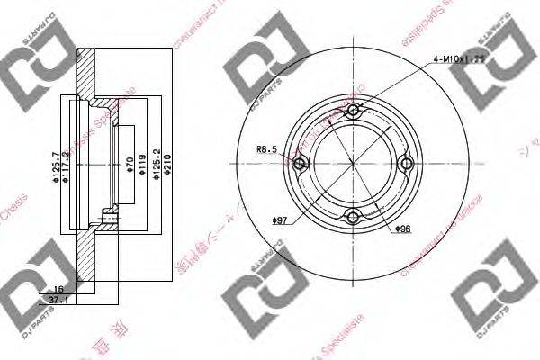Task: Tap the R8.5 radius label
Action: tap(267, 150)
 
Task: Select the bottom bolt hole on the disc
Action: tap(353, 215)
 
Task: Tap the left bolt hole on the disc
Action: tap(301, 163)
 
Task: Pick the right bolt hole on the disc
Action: tap(405, 163)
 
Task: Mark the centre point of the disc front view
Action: tap(353, 163)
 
